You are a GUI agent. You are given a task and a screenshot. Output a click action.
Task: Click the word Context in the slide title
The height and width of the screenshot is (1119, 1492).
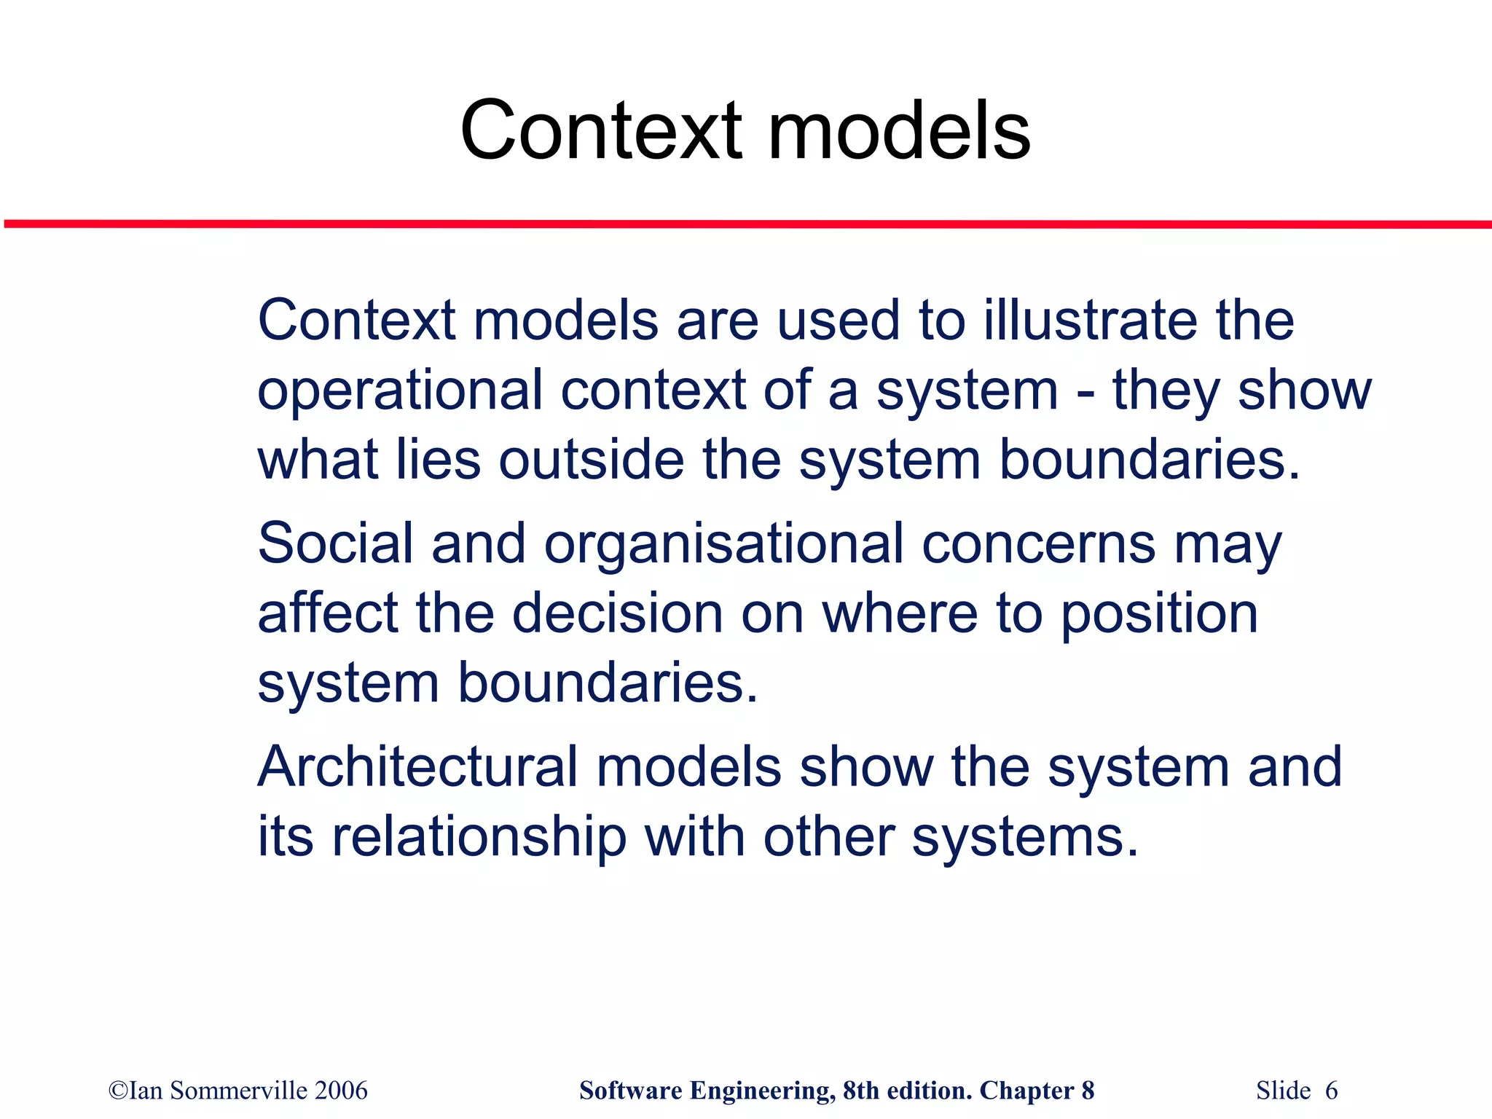[x=601, y=131]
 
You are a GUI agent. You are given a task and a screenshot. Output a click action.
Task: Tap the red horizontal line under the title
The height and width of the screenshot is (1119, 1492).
[x=746, y=224]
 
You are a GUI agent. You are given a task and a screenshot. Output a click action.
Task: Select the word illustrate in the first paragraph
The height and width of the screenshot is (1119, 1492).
[x=1091, y=321]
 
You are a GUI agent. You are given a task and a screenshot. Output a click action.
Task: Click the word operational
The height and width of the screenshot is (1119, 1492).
[x=400, y=391]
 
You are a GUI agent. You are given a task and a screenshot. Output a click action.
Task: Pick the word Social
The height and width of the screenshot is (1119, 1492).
[x=335, y=543]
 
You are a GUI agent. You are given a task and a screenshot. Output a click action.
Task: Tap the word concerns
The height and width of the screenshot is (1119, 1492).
[x=1038, y=543]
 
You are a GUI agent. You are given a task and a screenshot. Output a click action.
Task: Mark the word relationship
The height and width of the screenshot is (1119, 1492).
[x=479, y=838]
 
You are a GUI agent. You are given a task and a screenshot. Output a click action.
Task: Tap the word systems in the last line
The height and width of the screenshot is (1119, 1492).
[x=1024, y=838]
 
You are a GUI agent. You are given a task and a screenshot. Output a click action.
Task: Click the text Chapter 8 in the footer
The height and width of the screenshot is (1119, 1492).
[x=1037, y=1091]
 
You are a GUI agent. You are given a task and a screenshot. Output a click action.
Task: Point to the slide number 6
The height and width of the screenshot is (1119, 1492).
[x=1331, y=1091]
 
